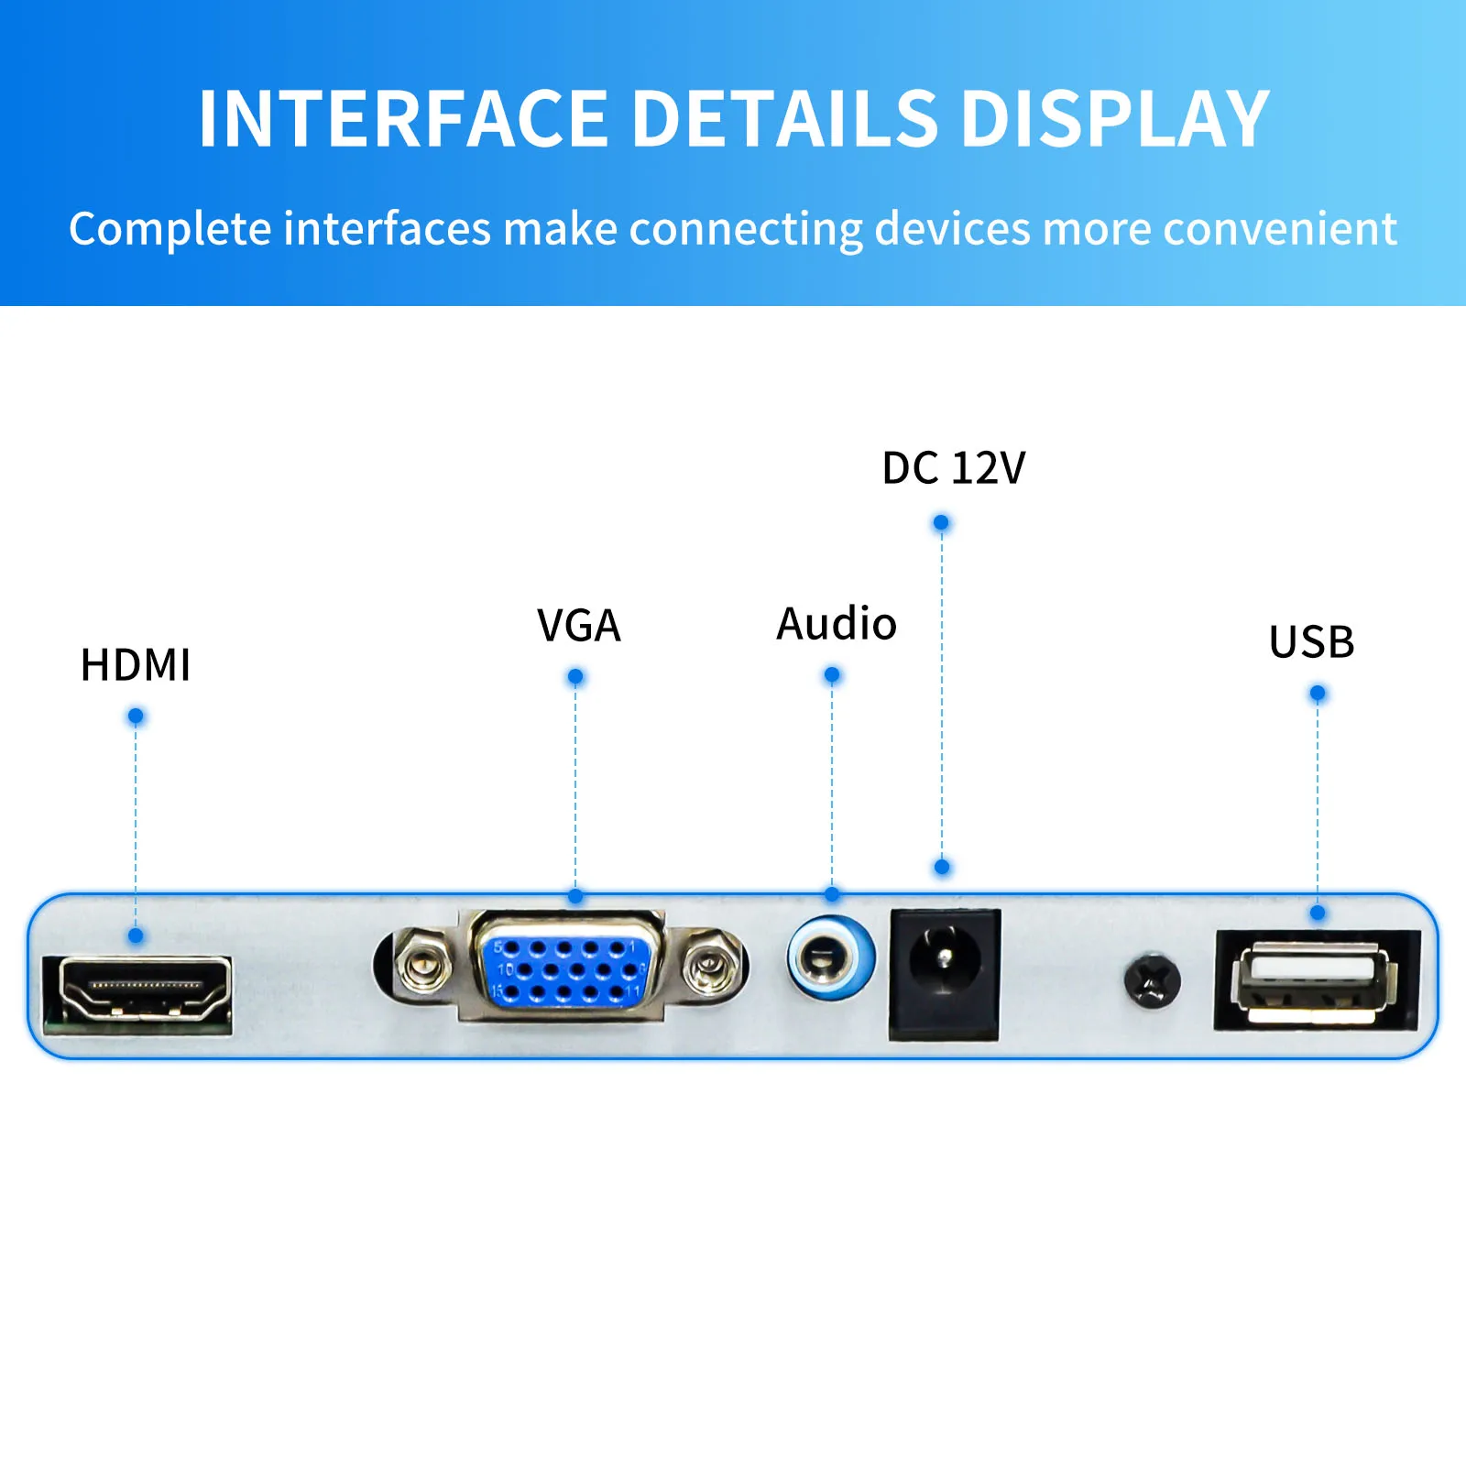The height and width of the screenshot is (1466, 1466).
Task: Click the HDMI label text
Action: [136, 664]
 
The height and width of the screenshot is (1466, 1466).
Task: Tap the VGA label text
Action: [579, 626]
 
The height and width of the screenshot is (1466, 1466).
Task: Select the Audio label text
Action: [837, 624]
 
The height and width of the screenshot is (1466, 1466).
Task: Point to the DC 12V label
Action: [954, 468]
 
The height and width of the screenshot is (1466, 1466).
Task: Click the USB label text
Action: [1312, 641]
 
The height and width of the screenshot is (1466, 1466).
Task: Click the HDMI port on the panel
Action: [138, 993]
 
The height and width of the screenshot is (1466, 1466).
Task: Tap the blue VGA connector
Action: [567, 967]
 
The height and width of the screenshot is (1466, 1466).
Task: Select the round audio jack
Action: [831, 958]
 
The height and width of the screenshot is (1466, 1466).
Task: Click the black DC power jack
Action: [945, 974]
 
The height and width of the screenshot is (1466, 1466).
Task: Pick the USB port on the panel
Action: [1318, 981]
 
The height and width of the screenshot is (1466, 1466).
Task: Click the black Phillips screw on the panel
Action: [1153, 981]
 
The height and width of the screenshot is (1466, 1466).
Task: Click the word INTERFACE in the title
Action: [404, 118]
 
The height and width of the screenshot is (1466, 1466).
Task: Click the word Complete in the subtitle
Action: [170, 229]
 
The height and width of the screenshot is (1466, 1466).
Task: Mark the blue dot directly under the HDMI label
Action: [136, 716]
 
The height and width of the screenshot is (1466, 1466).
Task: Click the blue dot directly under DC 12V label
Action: [941, 523]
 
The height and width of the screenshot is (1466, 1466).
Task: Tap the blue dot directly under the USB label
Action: [1318, 694]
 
